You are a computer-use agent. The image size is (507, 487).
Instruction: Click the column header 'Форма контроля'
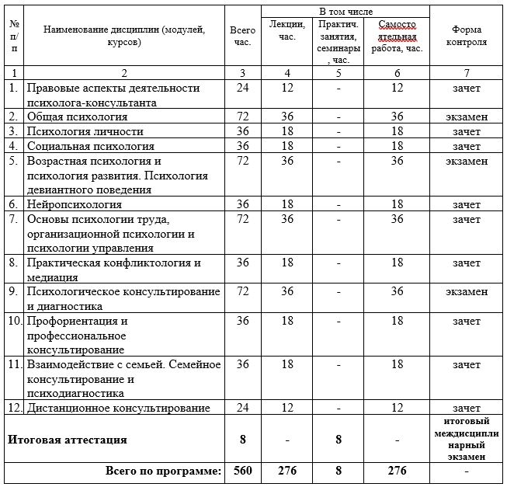click(x=467, y=36)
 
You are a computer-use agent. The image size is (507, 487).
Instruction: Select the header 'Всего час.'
click(x=243, y=36)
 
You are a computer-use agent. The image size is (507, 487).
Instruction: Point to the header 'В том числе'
click(x=346, y=13)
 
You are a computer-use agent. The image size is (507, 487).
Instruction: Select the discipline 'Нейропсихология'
click(x=75, y=204)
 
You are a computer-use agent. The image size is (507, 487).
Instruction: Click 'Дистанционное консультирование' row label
click(x=118, y=407)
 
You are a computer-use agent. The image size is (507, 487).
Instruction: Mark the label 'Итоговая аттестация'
click(x=67, y=439)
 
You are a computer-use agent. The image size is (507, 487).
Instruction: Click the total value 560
click(x=243, y=471)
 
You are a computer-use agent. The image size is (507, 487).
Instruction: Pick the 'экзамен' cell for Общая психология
click(x=467, y=117)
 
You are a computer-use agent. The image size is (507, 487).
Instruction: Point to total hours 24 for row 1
click(x=243, y=88)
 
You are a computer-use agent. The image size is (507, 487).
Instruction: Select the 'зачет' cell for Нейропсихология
click(x=467, y=204)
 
